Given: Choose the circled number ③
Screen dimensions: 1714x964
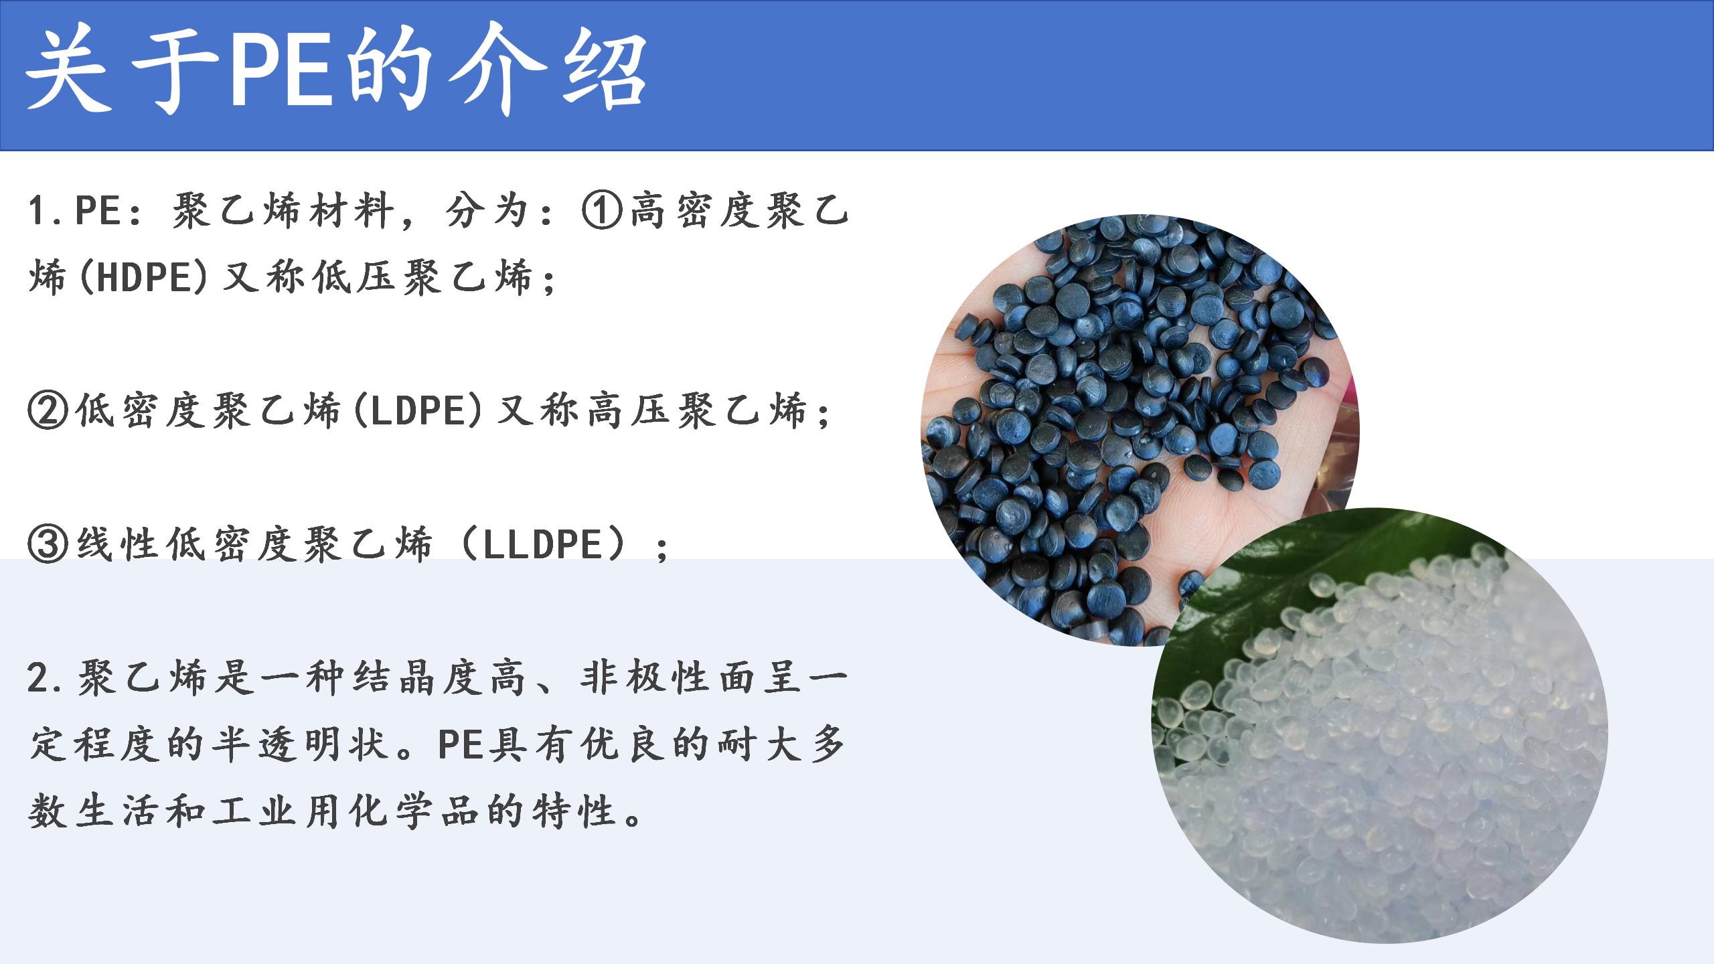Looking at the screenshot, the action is coord(48,544).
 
